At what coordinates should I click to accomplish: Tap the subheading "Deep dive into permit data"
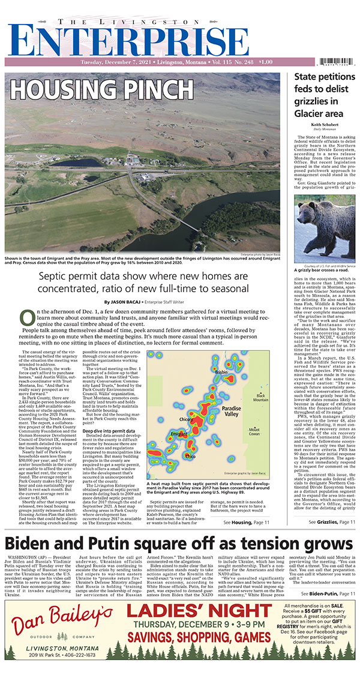pyautogui.click(x=109, y=413)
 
